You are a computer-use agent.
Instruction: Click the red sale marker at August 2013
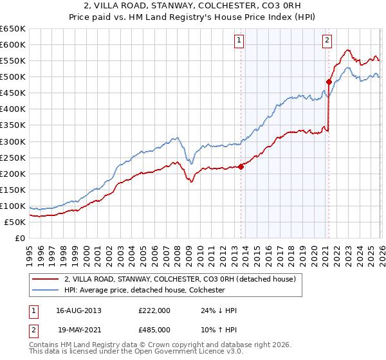pos(241,166)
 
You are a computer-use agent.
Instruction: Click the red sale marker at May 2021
pos(329,82)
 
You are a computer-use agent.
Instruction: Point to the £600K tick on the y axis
pos(13,44)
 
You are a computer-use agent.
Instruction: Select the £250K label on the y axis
pos(13,157)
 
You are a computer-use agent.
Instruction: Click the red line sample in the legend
pos(46,280)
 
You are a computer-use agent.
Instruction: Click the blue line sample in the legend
pos(46,291)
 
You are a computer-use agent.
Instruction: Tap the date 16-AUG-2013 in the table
pos(78,310)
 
